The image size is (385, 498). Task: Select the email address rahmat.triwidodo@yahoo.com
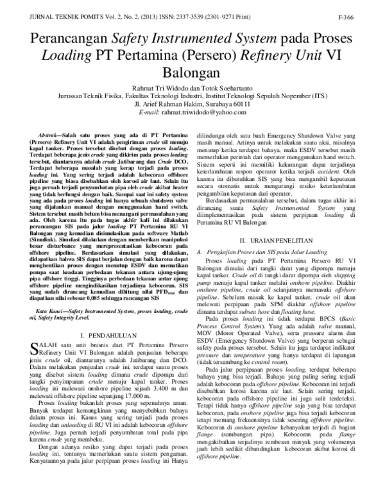pos(212,112)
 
